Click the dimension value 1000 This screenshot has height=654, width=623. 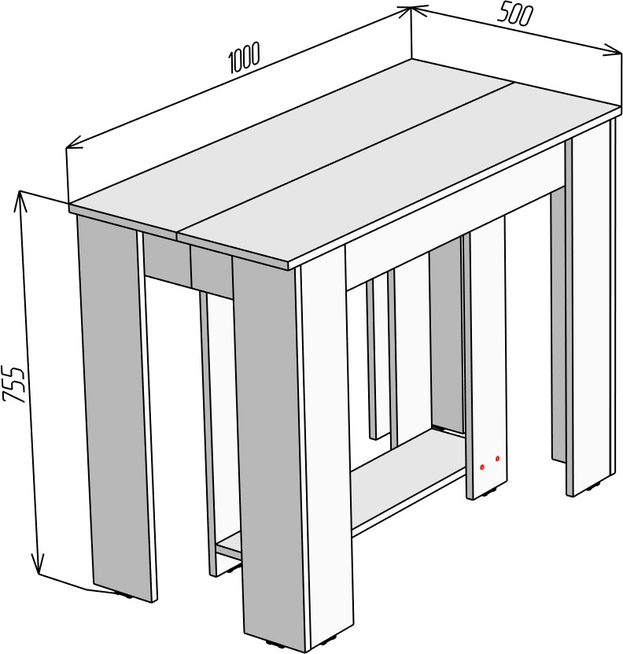pyautogui.click(x=245, y=57)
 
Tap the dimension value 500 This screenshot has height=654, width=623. pyautogui.click(x=515, y=15)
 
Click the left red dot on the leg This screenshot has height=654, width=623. pyautogui.click(x=481, y=467)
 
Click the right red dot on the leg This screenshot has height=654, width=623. pyautogui.click(x=497, y=459)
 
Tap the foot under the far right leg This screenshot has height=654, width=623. pyautogui.click(x=593, y=486)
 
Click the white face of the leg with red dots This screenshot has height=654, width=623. pyautogui.click(x=488, y=354)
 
